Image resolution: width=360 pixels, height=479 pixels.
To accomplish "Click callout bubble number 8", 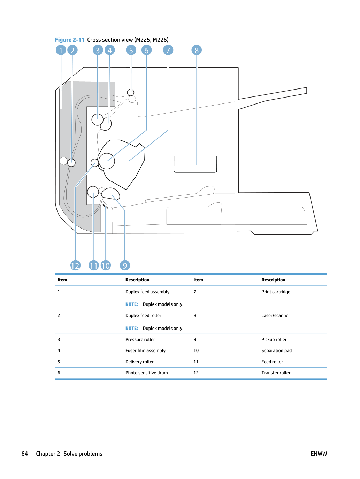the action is [x=197, y=50].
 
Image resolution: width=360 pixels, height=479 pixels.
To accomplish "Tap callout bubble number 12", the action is [x=75, y=265].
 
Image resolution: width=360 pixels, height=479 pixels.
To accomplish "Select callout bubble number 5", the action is [x=131, y=50].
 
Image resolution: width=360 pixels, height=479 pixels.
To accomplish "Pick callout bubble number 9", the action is [x=125, y=265].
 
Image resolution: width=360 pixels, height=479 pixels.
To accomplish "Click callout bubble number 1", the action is [x=61, y=50].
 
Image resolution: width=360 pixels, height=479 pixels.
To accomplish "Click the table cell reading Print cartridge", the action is [x=276, y=292].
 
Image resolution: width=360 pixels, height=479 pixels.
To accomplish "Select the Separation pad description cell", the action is [x=276, y=350].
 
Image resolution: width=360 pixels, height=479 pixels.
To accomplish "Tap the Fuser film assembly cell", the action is [x=145, y=350].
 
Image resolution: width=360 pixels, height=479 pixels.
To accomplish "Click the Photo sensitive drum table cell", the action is [x=146, y=373].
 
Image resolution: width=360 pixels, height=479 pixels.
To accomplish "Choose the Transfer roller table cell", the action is [x=276, y=373].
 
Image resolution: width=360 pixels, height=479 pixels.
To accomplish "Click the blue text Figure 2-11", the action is [x=70, y=40].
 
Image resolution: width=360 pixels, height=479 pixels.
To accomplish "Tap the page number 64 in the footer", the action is [x=25, y=454].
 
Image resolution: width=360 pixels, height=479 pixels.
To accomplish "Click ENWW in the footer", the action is [x=319, y=454].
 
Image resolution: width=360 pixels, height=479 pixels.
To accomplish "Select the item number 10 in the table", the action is [x=196, y=350].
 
